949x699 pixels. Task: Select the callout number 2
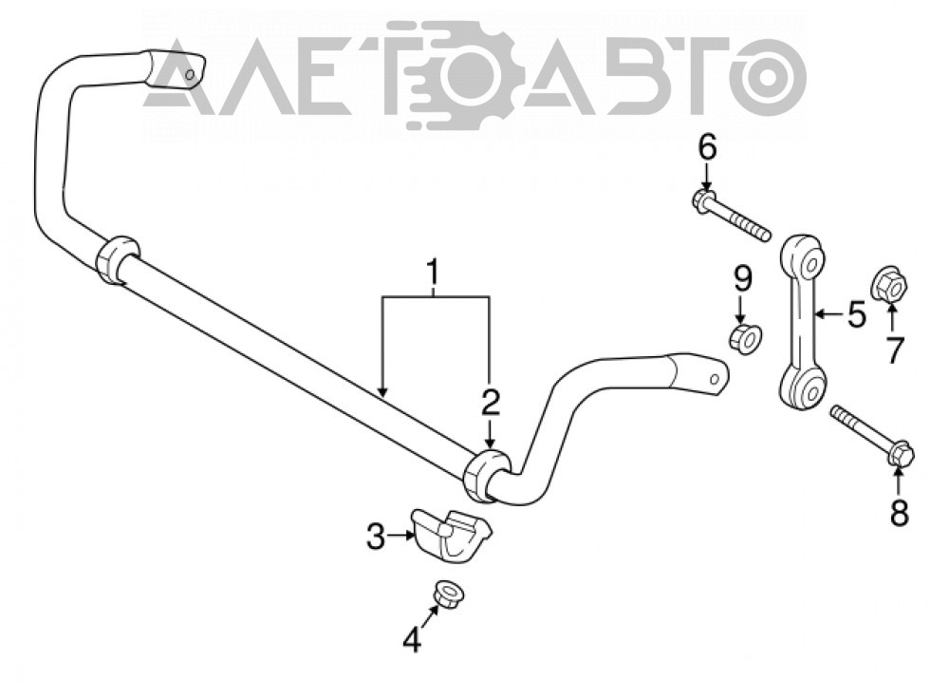[491, 403]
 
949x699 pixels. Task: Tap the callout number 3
[376, 536]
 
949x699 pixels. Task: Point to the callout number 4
[412, 639]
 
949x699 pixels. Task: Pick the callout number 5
[856, 314]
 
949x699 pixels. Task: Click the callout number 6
[707, 147]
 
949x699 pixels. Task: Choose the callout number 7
[895, 349]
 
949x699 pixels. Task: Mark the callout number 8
[900, 514]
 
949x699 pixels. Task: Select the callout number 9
[743, 279]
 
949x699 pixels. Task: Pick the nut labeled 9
[746, 339]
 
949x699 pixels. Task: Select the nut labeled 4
[447, 593]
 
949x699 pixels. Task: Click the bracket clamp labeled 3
[452, 537]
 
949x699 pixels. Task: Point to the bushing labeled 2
[487, 477]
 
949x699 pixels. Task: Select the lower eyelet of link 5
[802, 387]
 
